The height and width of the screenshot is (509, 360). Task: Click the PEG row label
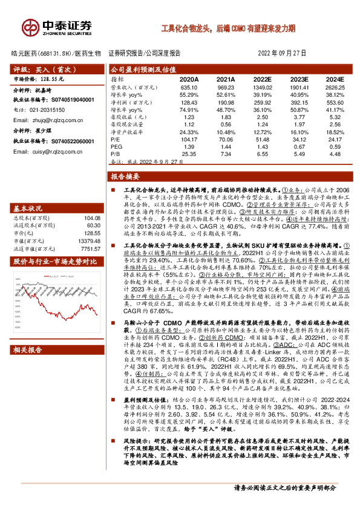116,146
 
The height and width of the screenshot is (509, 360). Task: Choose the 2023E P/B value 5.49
299,154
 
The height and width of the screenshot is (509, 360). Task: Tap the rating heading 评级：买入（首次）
36,70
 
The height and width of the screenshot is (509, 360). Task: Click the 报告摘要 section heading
126,177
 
